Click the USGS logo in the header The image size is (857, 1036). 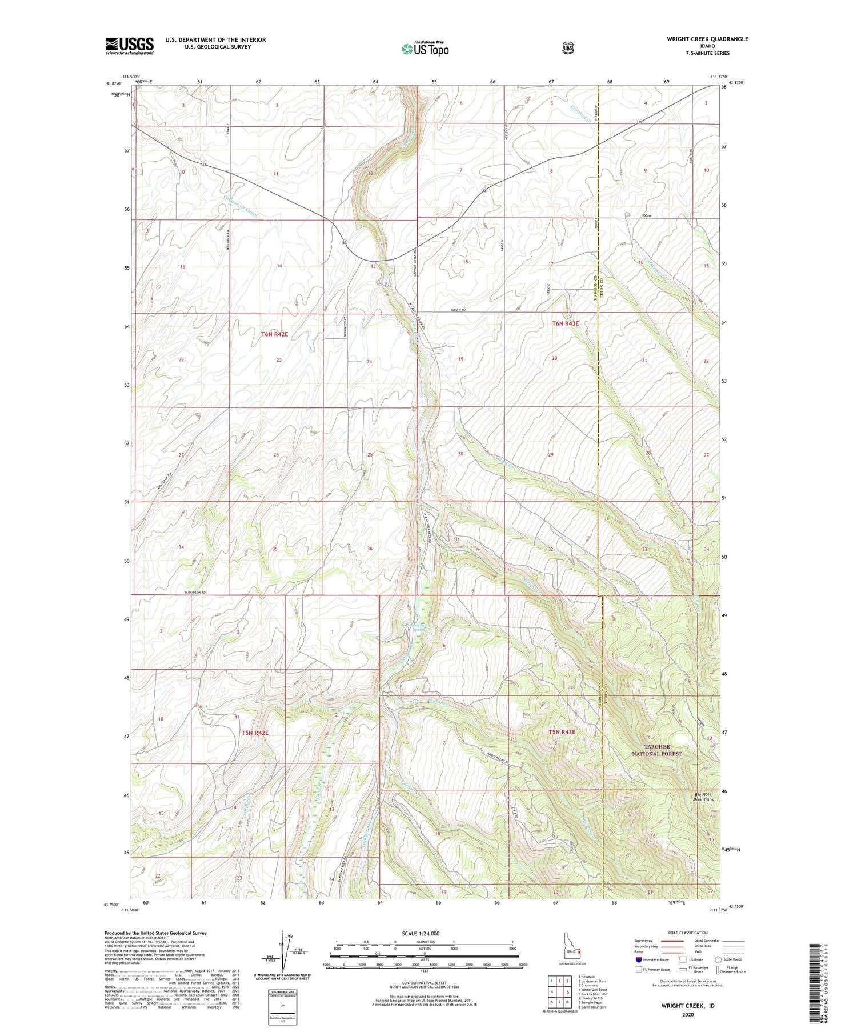tap(129, 46)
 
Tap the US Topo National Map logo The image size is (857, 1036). tap(425, 48)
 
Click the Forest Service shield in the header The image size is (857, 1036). tap(567, 49)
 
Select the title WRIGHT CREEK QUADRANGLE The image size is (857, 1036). tap(707, 39)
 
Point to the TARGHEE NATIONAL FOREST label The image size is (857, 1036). tap(656, 750)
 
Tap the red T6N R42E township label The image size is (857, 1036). tap(275, 334)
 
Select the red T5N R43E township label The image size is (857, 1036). tap(562, 732)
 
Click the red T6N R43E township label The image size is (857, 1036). tap(565, 323)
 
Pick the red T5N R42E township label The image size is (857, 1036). tap(254, 733)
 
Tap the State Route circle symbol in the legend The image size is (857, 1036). tap(718, 959)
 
